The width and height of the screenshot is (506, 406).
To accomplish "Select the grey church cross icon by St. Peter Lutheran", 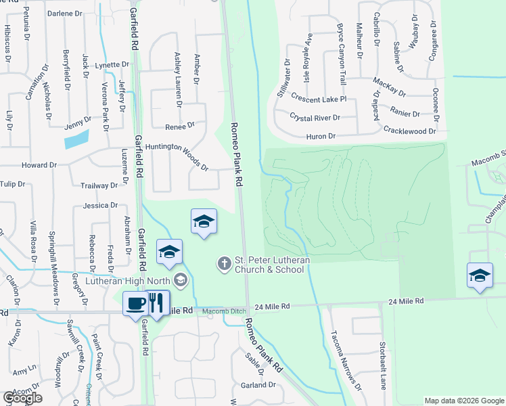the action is pyautogui.click(x=225, y=263).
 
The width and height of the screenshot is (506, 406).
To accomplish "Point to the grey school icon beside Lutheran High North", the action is pyautogui.click(x=180, y=279).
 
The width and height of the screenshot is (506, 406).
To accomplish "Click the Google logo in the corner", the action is pyautogui.click(x=22, y=397).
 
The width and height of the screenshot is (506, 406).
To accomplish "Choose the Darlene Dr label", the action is pyautogui.click(x=65, y=13).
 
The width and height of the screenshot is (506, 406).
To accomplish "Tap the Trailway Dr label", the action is pyautogui.click(x=99, y=185).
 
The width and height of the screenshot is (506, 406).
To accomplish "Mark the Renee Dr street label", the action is pyautogui.click(x=180, y=126).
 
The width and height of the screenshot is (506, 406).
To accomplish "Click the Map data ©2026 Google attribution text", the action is pyautogui.click(x=463, y=401).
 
